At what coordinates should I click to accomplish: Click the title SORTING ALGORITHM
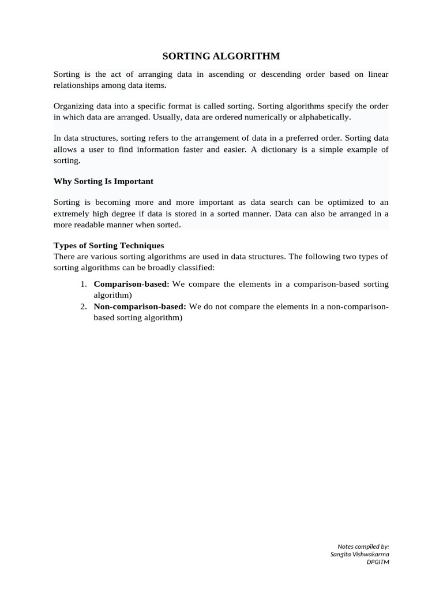click(221, 56)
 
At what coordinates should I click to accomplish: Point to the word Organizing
click(74, 106)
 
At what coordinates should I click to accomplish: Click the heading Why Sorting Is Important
click(103, 181)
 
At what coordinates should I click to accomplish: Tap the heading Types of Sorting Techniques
click(109, 245)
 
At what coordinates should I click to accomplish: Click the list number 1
click(83, 284)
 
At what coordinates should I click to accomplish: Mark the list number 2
click(83, 306)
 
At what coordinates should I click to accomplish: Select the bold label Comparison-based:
click(132, 284)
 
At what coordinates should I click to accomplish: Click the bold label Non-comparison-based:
click(140, 306)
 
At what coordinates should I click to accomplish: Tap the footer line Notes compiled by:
click(363, 546)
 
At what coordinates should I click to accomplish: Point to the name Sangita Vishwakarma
click(359, 554)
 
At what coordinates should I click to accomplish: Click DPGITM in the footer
click(378, 562)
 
